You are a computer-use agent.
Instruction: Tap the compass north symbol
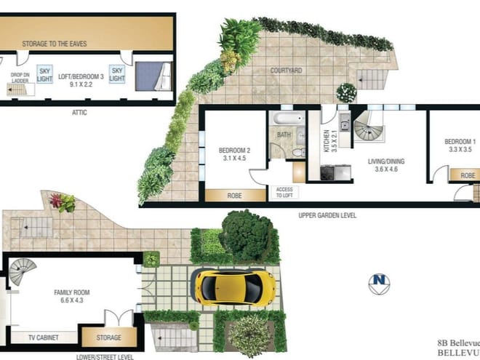coord(378,282)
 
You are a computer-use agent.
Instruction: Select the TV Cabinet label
coord(43,337)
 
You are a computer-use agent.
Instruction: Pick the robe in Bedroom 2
coord(236,195)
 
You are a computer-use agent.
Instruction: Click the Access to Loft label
coord(284,193)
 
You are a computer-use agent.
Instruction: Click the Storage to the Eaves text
coord(54,44)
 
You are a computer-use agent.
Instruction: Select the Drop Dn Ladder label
coord(19,77)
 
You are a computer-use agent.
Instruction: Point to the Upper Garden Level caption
coord(327,216)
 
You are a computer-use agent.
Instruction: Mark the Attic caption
coord(80,113)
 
